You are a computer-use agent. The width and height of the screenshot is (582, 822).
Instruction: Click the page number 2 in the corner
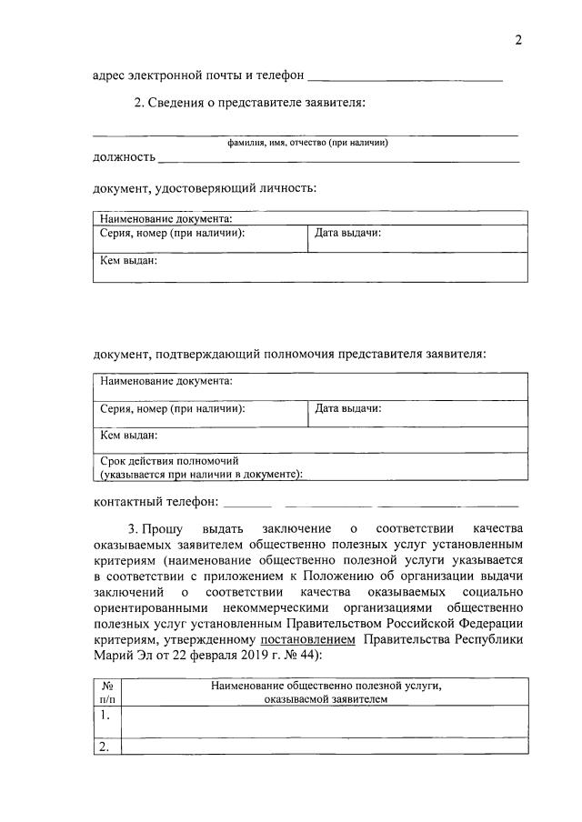518,40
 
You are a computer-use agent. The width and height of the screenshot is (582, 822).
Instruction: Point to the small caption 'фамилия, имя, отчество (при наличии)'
308,143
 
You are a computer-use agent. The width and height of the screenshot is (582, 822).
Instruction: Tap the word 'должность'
124,157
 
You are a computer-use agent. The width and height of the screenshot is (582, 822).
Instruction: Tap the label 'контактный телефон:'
156,501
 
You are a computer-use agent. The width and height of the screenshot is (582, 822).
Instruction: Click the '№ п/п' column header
106,693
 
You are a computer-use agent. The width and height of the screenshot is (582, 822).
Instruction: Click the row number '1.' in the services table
105,715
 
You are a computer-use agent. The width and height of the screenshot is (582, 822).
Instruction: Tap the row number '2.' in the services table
105,747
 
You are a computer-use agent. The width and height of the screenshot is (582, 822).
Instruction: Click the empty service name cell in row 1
324,721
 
